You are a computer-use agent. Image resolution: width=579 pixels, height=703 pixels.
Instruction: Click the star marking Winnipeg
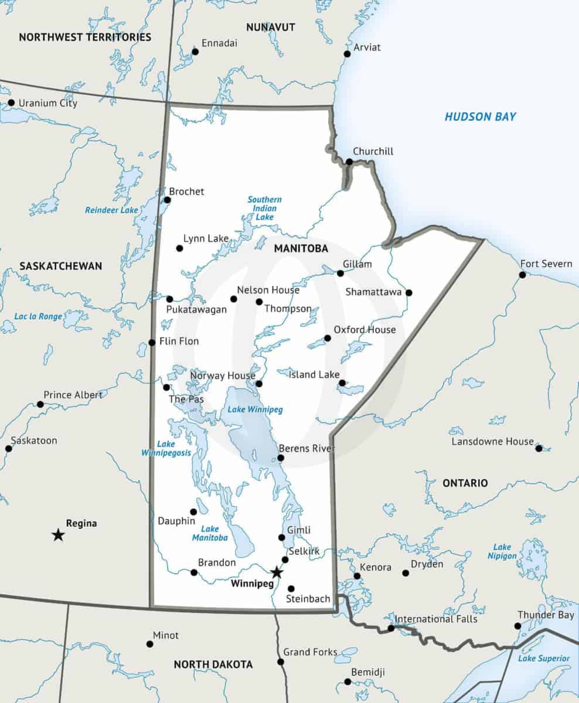(x=277, y=572)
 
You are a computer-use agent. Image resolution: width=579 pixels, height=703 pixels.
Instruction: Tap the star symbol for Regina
(x=58, y=534)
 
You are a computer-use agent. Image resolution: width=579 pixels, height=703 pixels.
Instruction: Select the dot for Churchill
(x=349, y=162)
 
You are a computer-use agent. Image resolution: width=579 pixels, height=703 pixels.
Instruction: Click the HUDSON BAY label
(x=480, y=117)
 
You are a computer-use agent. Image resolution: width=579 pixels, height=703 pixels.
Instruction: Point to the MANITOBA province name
(x=301, y=249)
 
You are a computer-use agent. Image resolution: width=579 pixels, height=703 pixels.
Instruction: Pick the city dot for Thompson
(x=259, y=302)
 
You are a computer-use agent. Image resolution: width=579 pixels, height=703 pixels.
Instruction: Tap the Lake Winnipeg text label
(x=255, y=410)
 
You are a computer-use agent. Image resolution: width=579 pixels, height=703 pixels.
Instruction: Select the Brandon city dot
(x=194, y=572)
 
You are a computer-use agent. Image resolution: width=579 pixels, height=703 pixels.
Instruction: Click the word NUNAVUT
(x=270, y=28)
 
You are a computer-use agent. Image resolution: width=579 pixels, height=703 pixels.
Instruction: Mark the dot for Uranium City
(x=11, y=103)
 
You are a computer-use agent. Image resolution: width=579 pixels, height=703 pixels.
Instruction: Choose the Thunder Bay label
(x=545, y=615)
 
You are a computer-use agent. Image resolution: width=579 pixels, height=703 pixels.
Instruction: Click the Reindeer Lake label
(x=111, y=210)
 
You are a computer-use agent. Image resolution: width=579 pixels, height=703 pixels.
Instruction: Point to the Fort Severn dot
(x=522, y=275)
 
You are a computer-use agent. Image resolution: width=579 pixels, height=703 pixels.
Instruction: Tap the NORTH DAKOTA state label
(x=213, y=664)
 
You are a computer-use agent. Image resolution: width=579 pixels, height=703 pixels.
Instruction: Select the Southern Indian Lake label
(x=264, y=208)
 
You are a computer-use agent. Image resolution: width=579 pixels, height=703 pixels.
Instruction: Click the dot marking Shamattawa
(x=409, y=292)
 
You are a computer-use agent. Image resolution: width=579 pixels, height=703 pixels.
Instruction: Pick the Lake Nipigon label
(x=502, y=551)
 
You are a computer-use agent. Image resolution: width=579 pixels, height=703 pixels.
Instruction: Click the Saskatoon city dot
(x=9, y=448)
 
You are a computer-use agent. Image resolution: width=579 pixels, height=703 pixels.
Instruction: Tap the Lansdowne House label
(x=492, y=442)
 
